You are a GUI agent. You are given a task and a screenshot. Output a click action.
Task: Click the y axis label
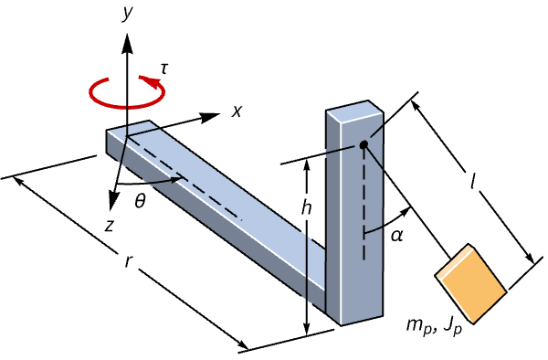(x=128, y=14)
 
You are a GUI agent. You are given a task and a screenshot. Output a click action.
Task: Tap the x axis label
(x=237, y=111)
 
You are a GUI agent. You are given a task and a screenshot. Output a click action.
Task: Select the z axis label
(x=110, y=226)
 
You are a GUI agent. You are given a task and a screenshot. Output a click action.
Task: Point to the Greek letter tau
(x=163, y=69)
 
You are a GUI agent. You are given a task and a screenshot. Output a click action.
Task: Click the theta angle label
(x=140, y=201)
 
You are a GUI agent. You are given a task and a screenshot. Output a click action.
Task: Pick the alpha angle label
(x=396, y=236)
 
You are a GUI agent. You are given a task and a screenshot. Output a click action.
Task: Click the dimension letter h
(x=306, y=207)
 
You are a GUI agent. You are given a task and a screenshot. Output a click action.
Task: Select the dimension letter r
(x=128, y=261)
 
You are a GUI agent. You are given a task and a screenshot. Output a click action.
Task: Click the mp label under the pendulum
(x=418, y=327)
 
